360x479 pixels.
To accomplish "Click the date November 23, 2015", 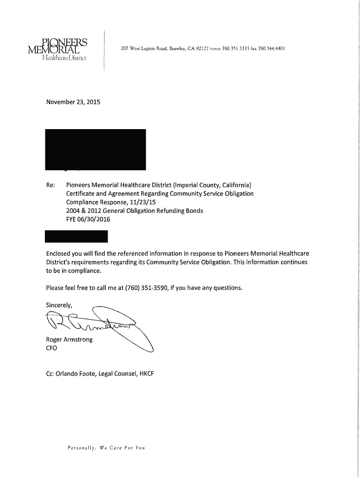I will click(72, 102).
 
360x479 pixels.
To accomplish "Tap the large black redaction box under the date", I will click(95, 149).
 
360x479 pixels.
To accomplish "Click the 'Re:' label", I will click(50, 184).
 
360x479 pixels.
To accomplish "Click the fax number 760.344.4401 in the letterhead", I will click(272, 48).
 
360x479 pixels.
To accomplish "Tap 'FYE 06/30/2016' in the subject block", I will click(88, 219).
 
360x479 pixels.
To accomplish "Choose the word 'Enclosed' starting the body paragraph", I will click(59, 254).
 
